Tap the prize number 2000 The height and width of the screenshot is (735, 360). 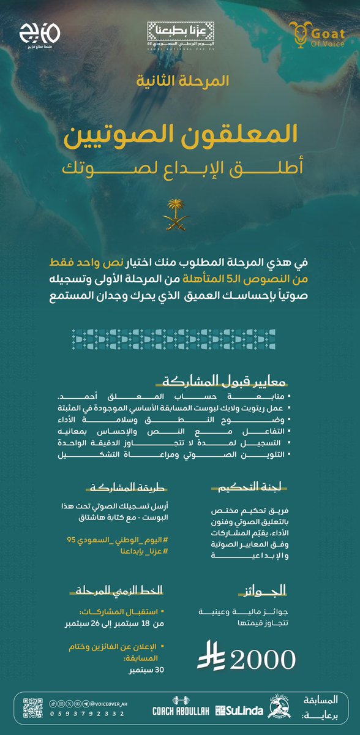pyautogui.click(x=264, y=658)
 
